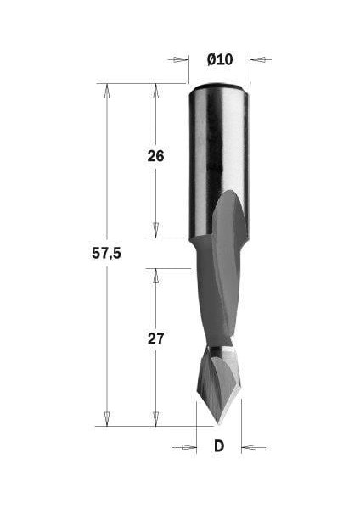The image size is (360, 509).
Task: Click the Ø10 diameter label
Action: pos(219,59)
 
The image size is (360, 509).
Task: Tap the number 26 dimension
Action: pos(155,156)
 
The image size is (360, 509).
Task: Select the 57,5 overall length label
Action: pos(106,254)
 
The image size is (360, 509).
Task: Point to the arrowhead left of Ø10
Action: pos(180,59)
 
